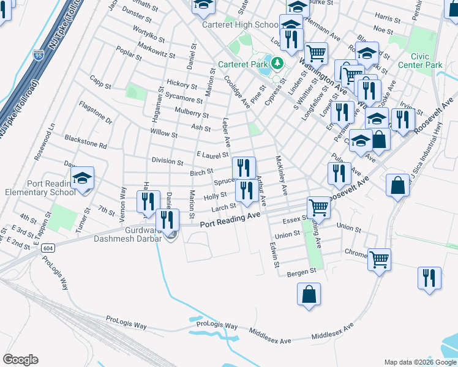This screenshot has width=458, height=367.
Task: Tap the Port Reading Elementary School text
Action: coord(51,187)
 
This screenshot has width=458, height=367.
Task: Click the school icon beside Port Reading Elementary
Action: coord(82,179)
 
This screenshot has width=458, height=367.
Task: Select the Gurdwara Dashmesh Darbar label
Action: coord(129,234)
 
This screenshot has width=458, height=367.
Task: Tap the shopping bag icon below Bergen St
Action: coord(309,294)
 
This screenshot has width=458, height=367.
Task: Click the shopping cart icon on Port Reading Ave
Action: coord(318,208)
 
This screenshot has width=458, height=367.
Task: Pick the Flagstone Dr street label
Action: coord(96,113)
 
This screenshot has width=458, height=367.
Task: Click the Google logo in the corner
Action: coord(20,359)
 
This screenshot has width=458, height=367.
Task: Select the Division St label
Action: coord(167,162)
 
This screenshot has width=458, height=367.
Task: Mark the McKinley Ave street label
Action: coord(281,174)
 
